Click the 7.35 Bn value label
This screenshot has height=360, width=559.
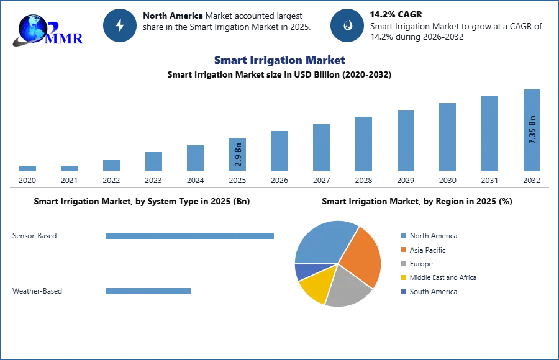coord(532,130)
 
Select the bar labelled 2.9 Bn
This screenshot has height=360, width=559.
coord(239,154)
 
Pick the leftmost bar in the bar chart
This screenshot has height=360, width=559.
coord(27,169)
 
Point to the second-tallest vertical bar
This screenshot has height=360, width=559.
coord(489,133)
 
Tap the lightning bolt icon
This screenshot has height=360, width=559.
coord(120,25)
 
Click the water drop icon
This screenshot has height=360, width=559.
coord(348,25)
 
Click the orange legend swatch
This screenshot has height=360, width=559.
coord(403,250)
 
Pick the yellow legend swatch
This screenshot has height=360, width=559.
coord(403,278)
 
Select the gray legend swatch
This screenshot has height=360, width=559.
coord(403,264)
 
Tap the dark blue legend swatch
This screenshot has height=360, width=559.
coord(403,292)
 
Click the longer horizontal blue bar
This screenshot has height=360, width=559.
coord(191,236)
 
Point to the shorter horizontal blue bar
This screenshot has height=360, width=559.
coord(149,292)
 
